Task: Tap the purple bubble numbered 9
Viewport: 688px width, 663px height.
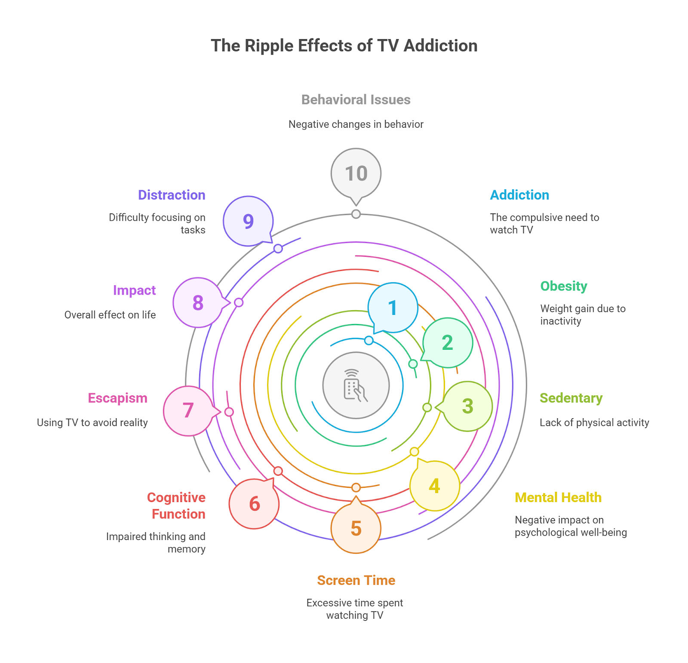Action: [249, 221]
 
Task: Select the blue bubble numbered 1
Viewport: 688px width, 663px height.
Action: [392, 308]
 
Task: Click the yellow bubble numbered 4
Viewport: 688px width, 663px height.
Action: [434, 485]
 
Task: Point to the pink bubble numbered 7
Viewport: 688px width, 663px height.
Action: [189, 411]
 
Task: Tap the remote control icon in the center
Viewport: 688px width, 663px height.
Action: [356, 385]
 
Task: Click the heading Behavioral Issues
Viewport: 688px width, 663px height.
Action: [356, 100]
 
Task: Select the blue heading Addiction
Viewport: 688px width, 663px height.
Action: [519, 195]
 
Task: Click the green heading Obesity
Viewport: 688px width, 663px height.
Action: [564, 286]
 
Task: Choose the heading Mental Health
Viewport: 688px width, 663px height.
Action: [558, 497]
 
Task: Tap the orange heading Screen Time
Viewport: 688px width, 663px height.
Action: [356, 580]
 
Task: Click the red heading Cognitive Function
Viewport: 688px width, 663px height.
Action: [176, 506]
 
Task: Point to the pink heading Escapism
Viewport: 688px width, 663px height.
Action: [118, 398]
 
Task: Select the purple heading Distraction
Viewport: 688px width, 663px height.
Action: [172, 195]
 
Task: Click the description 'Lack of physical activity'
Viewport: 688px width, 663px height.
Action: [594, 422]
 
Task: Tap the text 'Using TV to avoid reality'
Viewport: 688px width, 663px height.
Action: [92, 422]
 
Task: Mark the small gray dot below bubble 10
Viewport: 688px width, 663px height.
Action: [356, 214]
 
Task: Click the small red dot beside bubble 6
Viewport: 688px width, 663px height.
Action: [278, 471]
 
